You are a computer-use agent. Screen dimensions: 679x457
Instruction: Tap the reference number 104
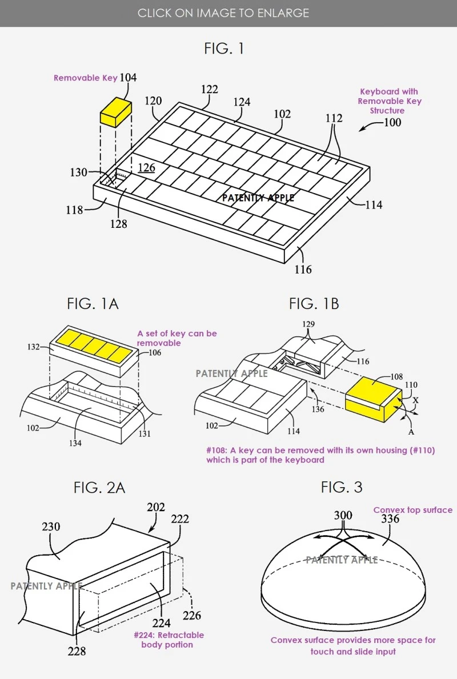coord(129,78)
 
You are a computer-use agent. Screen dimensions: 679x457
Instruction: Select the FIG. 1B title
coord(314,304)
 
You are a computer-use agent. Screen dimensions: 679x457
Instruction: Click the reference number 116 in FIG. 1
coord(303,269)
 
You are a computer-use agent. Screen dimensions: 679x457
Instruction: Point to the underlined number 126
coord(146,168)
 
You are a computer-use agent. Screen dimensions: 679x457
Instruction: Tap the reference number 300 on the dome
coord(343,516)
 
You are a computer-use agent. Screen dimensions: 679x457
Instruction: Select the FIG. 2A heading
coord(99,487)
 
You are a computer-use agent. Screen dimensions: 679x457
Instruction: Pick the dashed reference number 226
coord(192,616)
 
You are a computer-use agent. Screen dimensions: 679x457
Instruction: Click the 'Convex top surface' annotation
coord(412,510)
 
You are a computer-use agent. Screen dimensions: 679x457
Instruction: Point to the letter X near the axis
coord(415,400)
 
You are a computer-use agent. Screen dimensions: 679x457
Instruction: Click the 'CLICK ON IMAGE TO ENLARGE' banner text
coord(223,13)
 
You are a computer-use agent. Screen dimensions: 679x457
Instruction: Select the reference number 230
coord(51,527)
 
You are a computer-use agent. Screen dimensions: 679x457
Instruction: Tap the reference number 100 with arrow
coord(392,122)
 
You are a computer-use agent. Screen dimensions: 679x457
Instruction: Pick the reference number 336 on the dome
coord(390,519)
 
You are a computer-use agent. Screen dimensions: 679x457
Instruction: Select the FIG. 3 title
coord(342,487)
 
